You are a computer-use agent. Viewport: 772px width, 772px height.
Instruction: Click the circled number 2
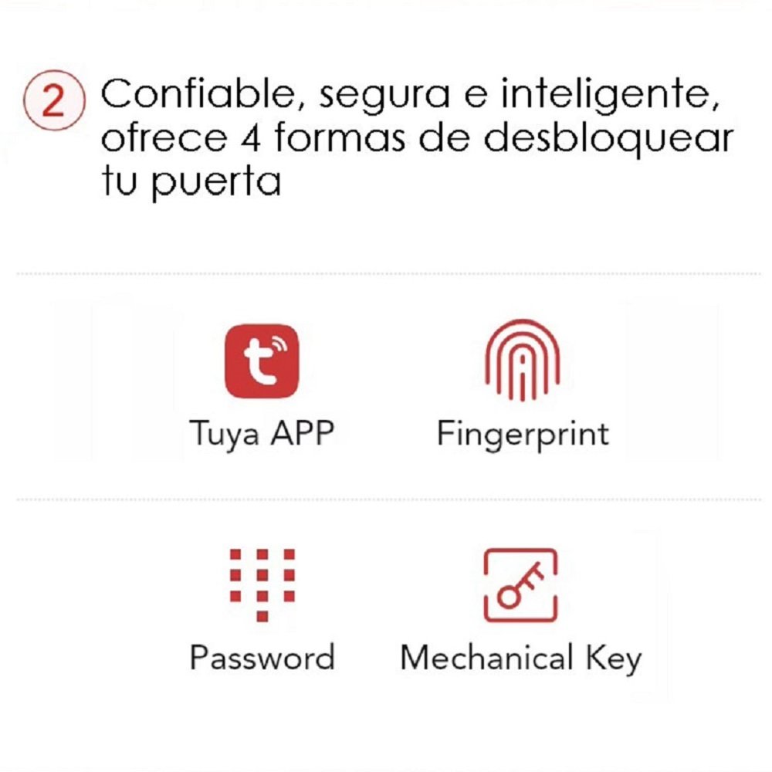click(54, 100)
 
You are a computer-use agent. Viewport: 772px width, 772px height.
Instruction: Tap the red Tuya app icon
click(262, 361)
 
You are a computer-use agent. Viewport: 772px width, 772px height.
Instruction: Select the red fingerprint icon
click(523, 360)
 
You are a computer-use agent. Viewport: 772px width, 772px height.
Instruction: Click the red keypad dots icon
click(262, 585)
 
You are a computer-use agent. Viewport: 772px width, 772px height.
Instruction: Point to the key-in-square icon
click(521, 585)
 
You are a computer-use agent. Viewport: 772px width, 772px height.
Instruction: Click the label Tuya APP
click(262, 434)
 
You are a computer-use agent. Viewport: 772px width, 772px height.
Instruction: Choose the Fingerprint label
click(523, 435)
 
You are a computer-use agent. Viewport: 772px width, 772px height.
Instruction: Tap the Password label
click(262, 657)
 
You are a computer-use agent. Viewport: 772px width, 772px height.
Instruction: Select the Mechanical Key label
click(521, 659)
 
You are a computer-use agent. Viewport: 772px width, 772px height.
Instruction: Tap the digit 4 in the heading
click(251, 137)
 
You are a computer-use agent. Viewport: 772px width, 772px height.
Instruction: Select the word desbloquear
click(609, 138)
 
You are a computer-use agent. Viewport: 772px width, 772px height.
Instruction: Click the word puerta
click(216, 182)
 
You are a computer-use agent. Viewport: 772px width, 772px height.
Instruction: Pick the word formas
click(340, 137)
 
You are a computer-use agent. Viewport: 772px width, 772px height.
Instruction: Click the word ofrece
click(164, 137)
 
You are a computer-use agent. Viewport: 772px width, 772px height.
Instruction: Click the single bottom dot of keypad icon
click(262, 616)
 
